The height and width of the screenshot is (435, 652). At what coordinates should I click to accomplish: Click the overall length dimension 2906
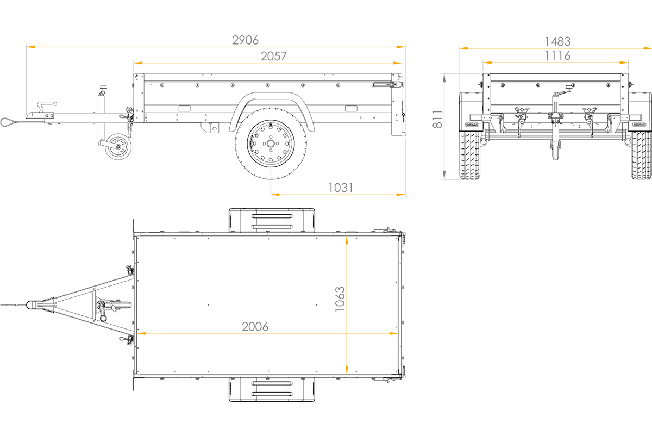click(245, 40)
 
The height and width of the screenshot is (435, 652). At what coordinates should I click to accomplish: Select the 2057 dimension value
click(274, 56)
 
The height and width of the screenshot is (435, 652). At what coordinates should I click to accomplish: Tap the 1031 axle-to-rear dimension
click(341, 188)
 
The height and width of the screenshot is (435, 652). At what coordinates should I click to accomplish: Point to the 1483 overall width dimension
click(557, 42)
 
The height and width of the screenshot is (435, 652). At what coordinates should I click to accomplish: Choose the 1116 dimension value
click(557, 55)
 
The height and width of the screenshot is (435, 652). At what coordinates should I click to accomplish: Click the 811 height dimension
click(437, 119)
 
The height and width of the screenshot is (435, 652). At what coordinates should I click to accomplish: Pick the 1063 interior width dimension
click(340, 299)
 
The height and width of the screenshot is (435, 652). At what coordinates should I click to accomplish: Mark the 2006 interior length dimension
click(255, 327)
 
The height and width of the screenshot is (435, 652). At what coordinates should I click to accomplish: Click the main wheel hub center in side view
click(271, 144)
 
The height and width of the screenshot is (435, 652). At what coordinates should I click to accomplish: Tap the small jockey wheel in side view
click(118, 147)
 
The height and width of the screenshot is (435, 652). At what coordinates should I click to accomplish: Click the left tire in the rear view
click(469, 156)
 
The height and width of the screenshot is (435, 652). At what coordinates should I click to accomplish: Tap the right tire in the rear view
click(641, 156)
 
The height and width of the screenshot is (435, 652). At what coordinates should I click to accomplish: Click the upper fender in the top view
click(272, 220)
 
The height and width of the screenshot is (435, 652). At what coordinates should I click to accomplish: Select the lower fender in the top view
click(272, 390)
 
